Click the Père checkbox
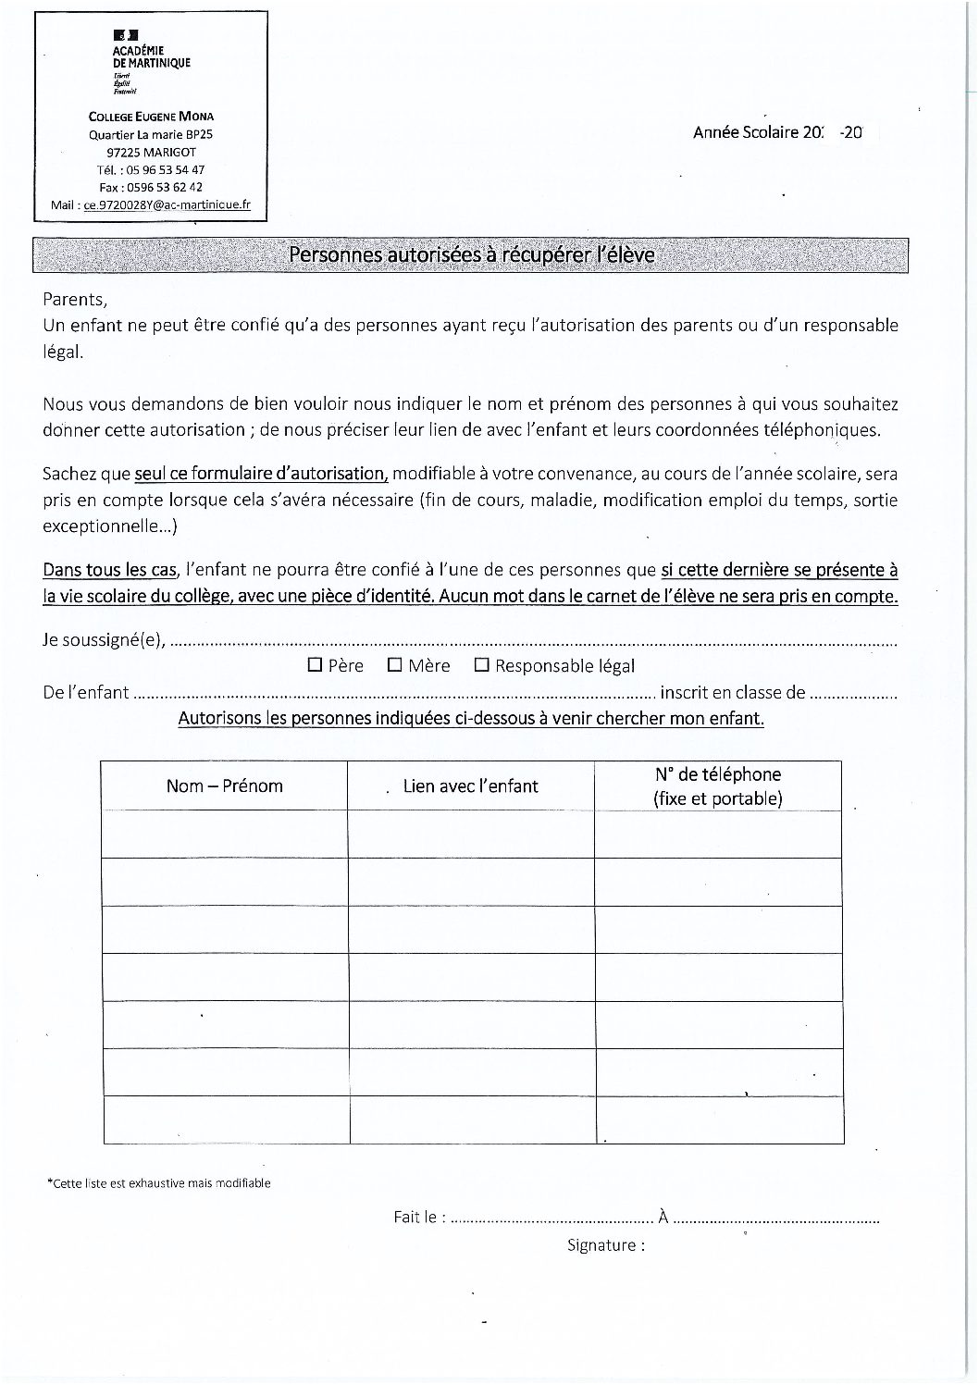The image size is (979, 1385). pyautogui.click(x=315, y=665)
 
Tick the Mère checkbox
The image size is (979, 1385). pyautogui.click(x=394, y=665)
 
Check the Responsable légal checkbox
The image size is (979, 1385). pyautogui.click(x=481, y=665)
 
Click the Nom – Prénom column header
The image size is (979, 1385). pyautogui.click(x=224, y=786)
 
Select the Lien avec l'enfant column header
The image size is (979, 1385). pyautogui.click(x=470, y=786)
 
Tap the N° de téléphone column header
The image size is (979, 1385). pyautogui.click(x=718, y=786)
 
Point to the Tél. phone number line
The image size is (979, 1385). pyautogui.click(x=150, y=170)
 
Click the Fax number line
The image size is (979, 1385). pyautogui.click(x=150, y=188)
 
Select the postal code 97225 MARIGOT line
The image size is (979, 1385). pyautogui.click(x=150, y=153)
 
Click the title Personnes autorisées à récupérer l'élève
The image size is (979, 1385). pyautogui.click(x=471, y=254)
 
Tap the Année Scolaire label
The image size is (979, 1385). pyautogui.click(x=745, y=132)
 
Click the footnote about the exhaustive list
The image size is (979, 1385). pyautogui.click(x=158, y=1182)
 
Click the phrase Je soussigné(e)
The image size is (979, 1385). pyautogui.click(x=105, y=640)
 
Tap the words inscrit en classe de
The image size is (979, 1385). pyautogui.click(x=732, y=692)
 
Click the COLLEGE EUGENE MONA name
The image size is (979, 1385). pyautogui.click(x=151, y=117)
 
